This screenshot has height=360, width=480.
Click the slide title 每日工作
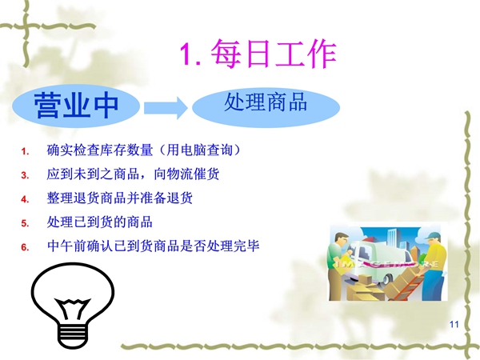pos(274,54)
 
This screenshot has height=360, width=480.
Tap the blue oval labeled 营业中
pos(76,106)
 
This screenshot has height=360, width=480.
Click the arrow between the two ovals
pos(166,108)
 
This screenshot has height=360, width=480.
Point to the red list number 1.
pos(25,151)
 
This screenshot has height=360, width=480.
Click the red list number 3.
pos(25,175)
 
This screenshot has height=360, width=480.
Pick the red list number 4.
pos(25,199)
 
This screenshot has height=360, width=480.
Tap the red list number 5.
pos(25,223)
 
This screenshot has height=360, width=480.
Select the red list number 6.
pos(25,247)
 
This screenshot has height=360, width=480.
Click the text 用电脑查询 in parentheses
pos(199,150)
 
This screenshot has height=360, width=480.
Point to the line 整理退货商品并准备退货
pos(120,198)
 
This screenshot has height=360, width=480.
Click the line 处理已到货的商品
pos(99,222)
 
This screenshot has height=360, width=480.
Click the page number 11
pos(454,325)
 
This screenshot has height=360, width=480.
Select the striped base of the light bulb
pos(73,335)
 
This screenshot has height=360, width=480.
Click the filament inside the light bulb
pos(73,308)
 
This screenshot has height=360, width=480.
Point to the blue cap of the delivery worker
pos(433,235)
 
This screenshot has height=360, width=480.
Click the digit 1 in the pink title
pos(186,54)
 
